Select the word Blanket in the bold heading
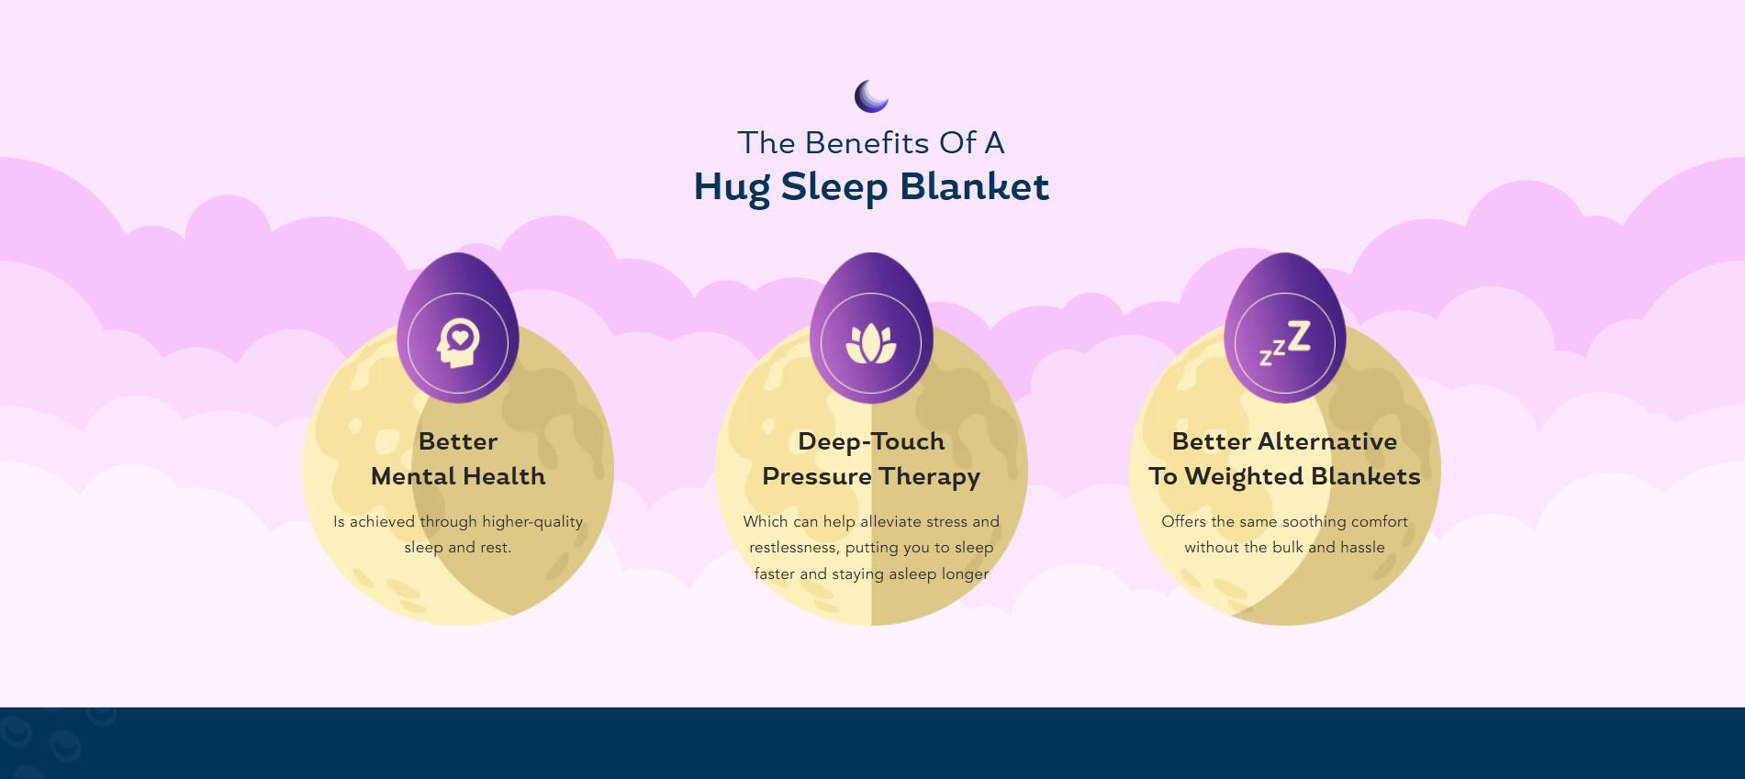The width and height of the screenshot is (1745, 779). pos(974,186)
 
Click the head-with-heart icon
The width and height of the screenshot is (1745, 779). pos(457,343)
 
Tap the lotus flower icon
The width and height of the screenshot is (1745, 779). pos(870,344)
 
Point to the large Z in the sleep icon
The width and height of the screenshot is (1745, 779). pos(1298,337)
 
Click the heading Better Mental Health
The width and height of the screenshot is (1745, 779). pos(458,459)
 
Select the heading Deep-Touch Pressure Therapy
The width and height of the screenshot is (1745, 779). pos(871,459)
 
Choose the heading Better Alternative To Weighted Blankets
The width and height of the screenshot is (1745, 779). pos(1284,459)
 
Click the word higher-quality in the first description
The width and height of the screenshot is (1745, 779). pos(532,522)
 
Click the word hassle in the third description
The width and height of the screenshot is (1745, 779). pos(1362,547)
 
